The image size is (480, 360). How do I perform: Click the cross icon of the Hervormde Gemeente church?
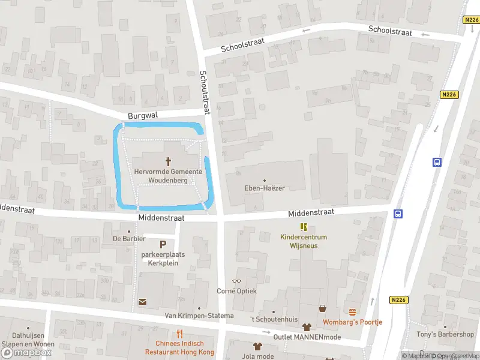tap(168, 161)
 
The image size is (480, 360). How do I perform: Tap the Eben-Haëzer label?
tap(265, 188)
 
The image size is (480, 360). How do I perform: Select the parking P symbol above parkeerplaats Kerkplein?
tap(163, 244)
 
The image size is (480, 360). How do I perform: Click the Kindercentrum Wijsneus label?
tap(303, 241)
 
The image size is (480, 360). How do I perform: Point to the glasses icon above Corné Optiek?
tap(236, 281)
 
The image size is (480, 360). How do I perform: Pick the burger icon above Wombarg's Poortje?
tap(352, 312)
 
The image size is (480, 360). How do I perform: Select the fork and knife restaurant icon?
tap(179, 334)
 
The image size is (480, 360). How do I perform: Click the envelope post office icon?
tap(142, 302)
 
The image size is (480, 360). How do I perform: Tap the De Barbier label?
tap(130, 238)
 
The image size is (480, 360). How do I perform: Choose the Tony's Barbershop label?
tap(445, 334)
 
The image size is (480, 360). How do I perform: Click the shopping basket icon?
tap(323, 308)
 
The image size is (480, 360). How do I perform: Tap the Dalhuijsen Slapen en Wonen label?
tap(28, 340)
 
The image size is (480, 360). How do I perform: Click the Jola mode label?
tap(258, 356)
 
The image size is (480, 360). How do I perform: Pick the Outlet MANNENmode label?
tap(306, 337)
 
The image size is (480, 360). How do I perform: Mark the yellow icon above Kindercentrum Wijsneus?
tap(304, 227)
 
